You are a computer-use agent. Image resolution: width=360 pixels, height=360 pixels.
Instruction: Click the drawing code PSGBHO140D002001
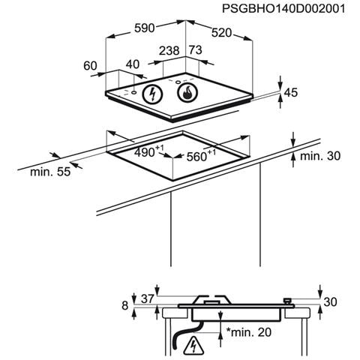[283, 9]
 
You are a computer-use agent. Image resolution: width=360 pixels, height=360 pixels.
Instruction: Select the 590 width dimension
[145, 28]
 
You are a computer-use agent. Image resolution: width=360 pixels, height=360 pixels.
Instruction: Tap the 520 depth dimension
[221, 33]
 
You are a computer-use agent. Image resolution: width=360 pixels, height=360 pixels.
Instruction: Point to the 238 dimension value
[169, 51]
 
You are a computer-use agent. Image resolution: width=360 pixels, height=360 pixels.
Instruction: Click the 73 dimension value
[195, 50]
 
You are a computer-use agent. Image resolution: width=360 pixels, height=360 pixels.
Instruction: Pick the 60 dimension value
[90, 66]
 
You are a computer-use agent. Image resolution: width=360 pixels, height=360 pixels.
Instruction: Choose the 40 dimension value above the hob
[133, 64]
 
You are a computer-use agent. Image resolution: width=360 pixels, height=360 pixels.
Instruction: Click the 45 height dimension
[291, 92]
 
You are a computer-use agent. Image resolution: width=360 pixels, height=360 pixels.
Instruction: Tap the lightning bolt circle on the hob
[152, 94]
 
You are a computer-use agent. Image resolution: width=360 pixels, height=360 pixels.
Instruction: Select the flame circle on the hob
[187, 92]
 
